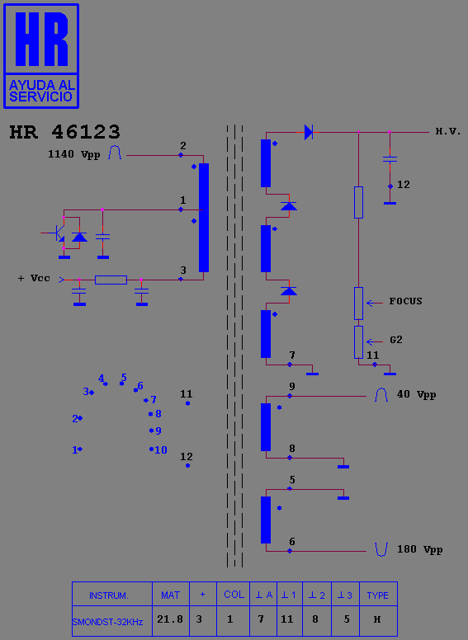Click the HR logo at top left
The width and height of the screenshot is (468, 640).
click(40, 56)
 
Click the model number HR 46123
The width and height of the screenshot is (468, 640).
click(65, 132)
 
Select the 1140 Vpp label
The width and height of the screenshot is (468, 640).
click(74, 154)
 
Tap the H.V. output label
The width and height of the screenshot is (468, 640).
click(448, 131)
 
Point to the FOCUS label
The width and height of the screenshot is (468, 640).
click(405, 301)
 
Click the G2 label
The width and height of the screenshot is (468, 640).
click(395, 340)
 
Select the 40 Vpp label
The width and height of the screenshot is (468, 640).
click(416, 394)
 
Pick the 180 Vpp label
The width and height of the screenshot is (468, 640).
click(420, 549)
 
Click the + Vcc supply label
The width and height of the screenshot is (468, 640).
click(34, 279)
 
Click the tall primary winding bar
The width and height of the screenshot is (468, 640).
click(204, 218)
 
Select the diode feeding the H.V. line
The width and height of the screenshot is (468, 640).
click(309, 132)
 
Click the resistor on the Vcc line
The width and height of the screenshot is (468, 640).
click(111, 280)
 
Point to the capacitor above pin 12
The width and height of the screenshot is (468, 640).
click(390, 159)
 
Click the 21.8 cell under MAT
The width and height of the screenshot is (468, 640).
click(170, 619)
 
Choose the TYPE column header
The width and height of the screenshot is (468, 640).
click(377, 595)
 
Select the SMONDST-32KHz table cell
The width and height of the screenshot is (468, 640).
click(108, 622)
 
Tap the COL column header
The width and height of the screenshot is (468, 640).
click(234, 595)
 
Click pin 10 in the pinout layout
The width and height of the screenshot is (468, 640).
click(152, 449)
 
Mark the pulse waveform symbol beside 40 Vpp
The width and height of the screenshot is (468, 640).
click(381, 395)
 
